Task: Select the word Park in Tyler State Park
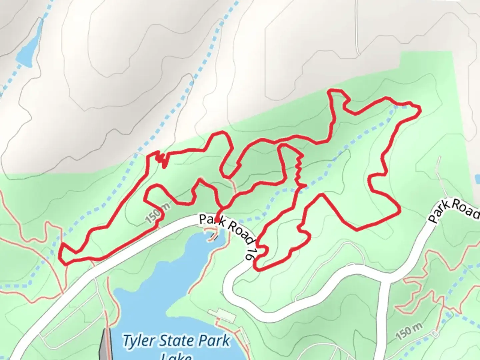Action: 214,341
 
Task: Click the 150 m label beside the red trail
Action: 157,213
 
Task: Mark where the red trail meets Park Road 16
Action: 218,220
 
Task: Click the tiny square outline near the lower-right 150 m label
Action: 434,333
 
